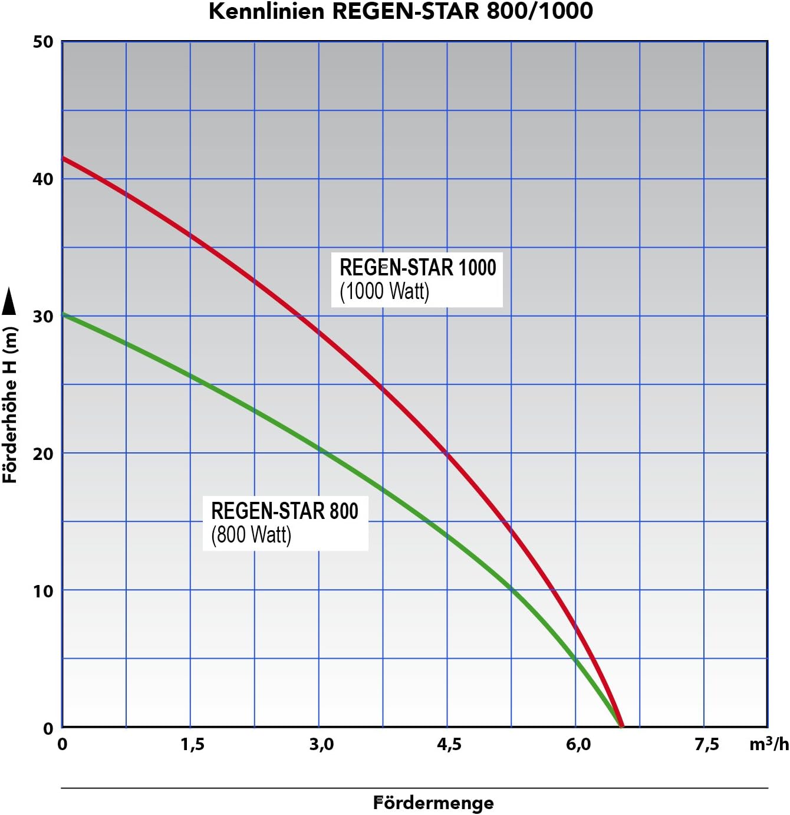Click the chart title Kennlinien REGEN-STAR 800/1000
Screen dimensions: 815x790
pos(401,12)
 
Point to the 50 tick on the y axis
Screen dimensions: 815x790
pos(43,42)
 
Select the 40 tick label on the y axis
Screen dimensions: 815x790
pos(43,179)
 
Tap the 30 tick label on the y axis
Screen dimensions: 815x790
pos(43,317)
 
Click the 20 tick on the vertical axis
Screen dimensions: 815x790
pos(43,453)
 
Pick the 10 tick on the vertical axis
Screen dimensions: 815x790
pos(43,591)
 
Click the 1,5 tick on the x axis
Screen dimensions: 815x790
pos(192,744)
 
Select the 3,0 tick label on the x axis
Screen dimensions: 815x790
pos(321,744)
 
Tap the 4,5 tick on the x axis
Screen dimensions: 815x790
pos(449,744)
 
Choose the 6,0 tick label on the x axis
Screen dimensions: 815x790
pos(578,744)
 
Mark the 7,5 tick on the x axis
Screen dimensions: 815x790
pos(706,744)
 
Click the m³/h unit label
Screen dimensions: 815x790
pos(768,744)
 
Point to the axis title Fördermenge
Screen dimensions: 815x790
pos(433,803)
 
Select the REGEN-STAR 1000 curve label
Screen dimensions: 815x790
pos(417,268)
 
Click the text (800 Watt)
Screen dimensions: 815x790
pos(251,535)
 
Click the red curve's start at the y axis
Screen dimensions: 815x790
pos(64,158)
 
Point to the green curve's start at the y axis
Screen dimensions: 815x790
pos(64,314)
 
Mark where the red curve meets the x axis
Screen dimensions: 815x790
pos(621,726)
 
